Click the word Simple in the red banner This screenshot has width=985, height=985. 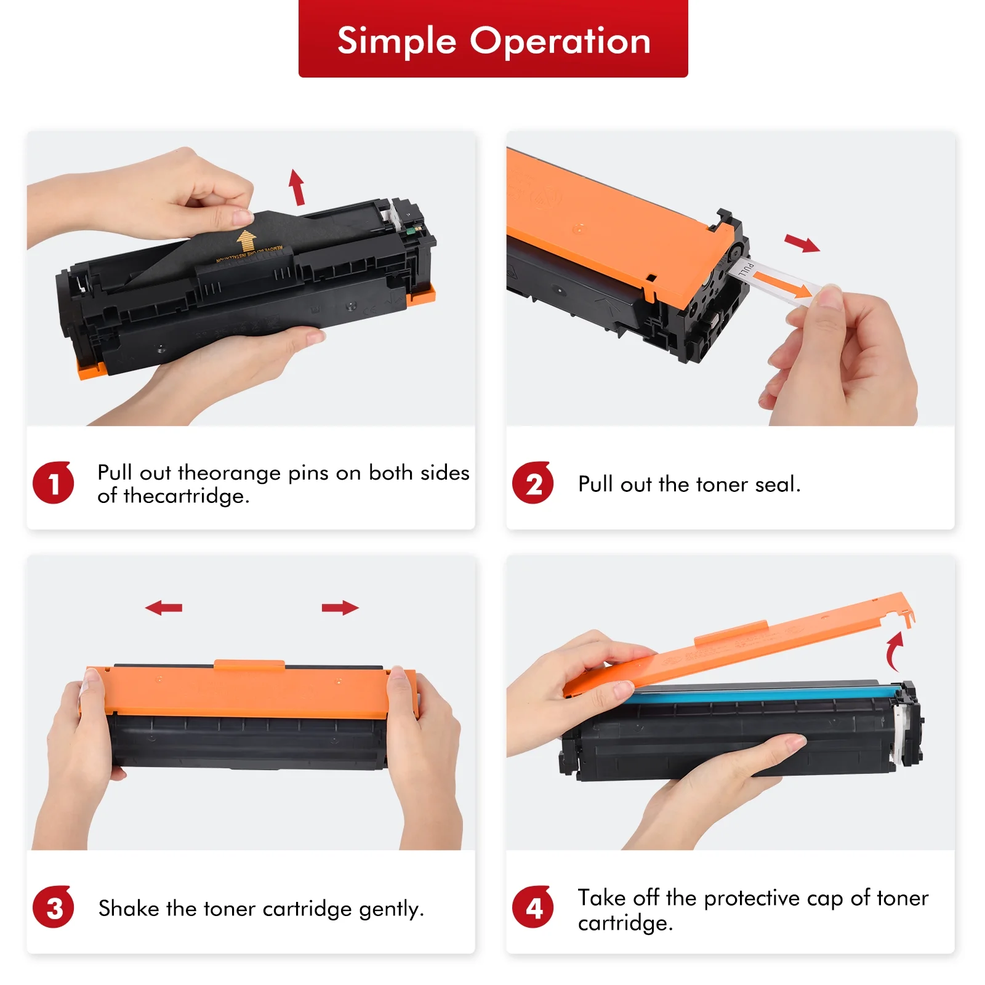click(396, 42)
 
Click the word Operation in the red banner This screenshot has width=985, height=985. click(560, 41)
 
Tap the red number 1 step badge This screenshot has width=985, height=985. click(53, 483)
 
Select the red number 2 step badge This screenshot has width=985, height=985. click(533, 483)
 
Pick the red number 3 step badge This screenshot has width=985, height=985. click(53, 907)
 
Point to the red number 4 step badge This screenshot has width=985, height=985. click(533, 907)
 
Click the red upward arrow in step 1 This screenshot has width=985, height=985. click(297, 187)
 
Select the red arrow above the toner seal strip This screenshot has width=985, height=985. click(802, 243)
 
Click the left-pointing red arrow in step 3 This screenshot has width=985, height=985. click(164, 608)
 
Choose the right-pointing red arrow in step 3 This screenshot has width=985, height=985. click(340, 608)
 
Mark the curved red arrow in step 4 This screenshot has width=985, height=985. click(893, 651)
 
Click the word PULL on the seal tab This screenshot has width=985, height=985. click(747, 268)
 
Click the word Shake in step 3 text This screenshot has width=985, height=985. click(129, 908)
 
